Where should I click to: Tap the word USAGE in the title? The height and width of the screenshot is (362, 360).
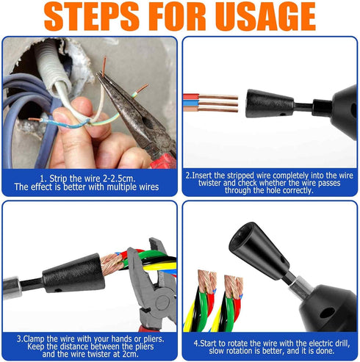[265, 16]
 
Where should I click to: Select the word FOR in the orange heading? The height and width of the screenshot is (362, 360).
[177, 16]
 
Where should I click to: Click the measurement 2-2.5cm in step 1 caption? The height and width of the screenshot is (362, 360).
[118, 178]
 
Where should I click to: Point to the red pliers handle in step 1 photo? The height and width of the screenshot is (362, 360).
[165, 162]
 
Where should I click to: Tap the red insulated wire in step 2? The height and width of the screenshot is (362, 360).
[191, 96]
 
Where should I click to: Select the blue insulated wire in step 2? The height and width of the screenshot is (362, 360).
[191, 103]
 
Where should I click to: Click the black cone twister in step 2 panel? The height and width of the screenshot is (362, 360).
[270, 104]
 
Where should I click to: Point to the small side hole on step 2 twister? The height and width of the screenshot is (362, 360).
[283, 114]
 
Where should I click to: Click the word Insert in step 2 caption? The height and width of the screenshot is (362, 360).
[202, 175]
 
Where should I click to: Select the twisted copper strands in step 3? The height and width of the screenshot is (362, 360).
[112, 264]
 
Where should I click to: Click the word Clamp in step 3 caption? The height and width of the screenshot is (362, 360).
[34, 339]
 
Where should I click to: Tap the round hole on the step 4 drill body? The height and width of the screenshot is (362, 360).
[327, 312]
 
